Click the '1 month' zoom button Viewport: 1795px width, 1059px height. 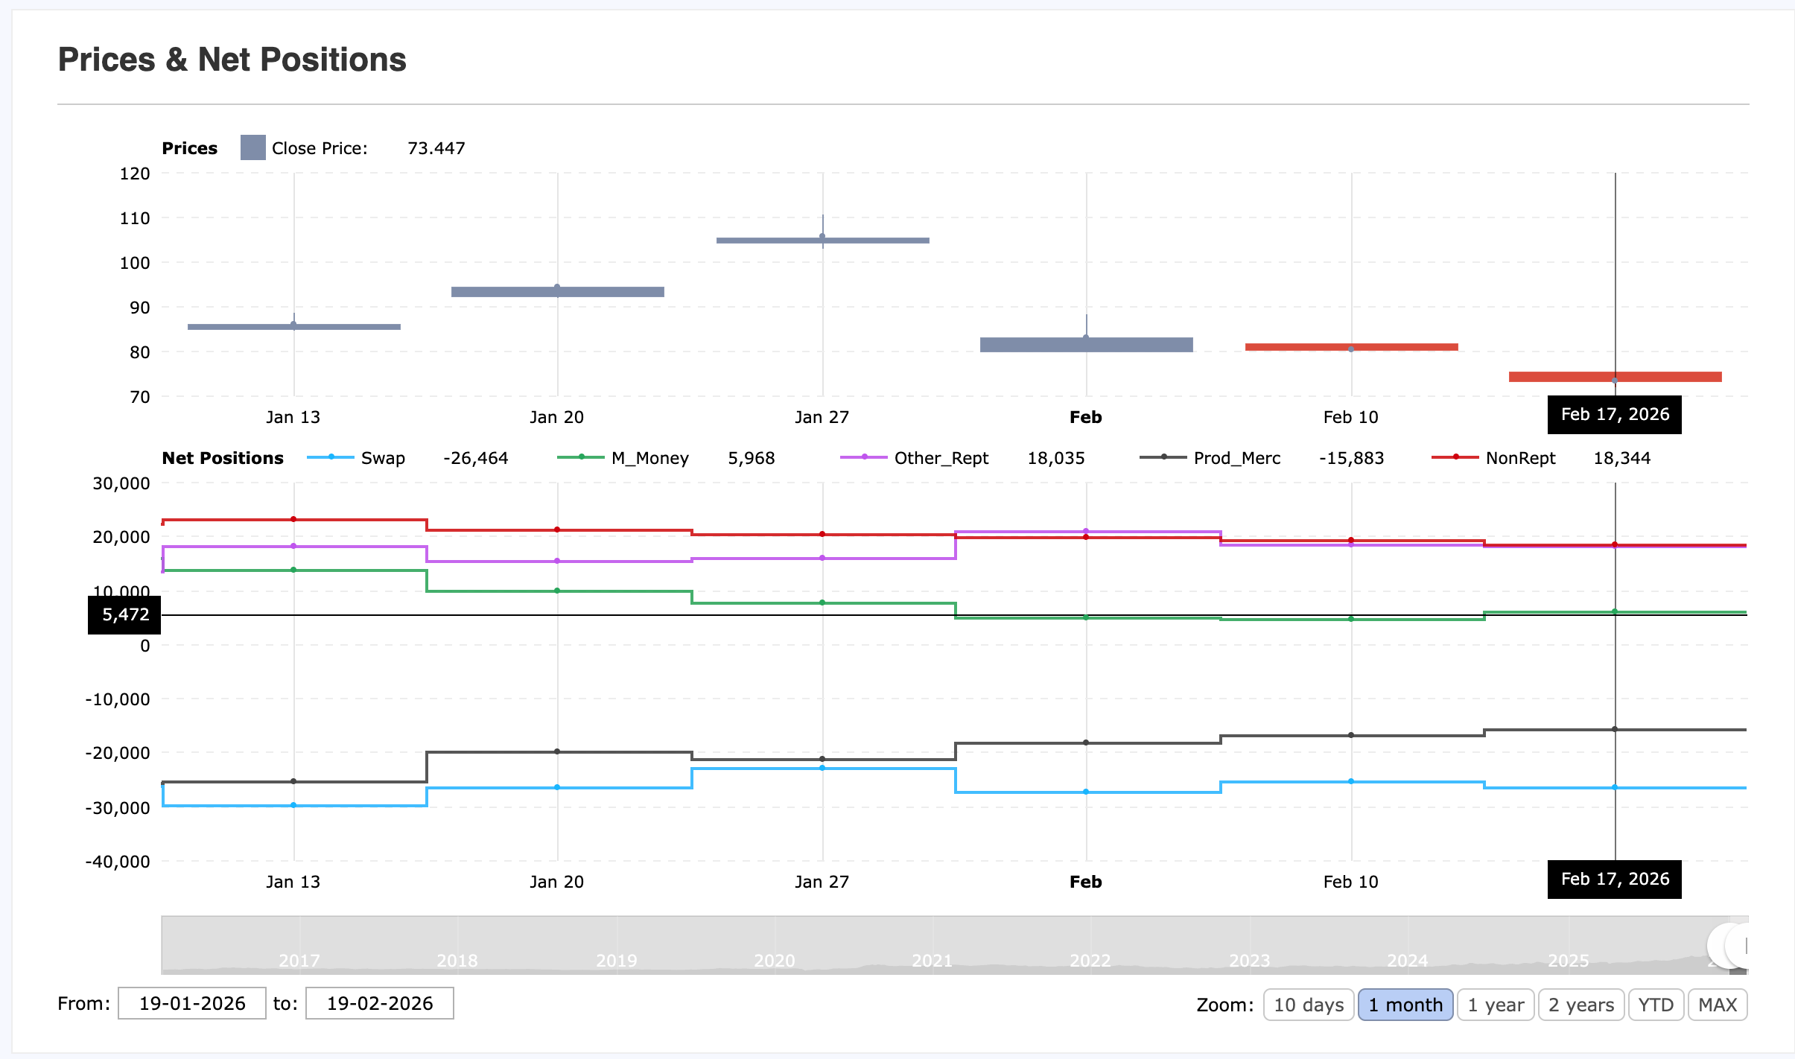tap(1405, 1005)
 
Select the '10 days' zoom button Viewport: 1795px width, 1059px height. tap(1308, 1005)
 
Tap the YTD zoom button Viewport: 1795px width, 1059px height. tap(1655, 1005)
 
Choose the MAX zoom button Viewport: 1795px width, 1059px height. tap(1717, 1005)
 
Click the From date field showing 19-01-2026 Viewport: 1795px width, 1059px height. tap(192, 1003)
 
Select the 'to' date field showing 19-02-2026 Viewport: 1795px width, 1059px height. tap(380, 1003)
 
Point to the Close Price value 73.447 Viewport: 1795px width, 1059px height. tap(436, 148)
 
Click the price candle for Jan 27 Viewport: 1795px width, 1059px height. tap(822, 240)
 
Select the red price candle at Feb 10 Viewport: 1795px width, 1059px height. tap(1351, 347)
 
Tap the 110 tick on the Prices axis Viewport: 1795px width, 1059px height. tap(135, 218)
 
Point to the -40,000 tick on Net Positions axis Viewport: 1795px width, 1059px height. tap(118, 862)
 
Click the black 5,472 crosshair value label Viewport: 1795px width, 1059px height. tap(125, 615)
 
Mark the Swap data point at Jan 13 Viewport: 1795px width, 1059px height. tap(293, 805)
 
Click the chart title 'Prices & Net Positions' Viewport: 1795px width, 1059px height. tap(232, 60)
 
